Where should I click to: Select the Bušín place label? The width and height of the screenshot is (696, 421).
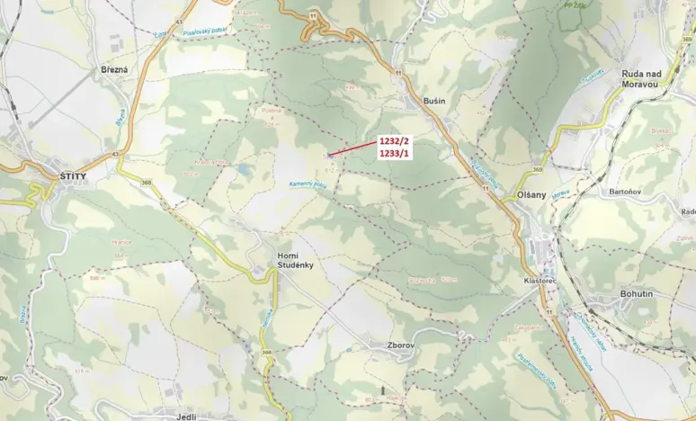434,102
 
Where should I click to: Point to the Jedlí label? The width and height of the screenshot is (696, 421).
185,416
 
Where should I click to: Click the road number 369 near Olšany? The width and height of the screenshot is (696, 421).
537,169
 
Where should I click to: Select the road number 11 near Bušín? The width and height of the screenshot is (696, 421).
396,71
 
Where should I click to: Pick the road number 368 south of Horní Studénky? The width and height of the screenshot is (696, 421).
265,352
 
